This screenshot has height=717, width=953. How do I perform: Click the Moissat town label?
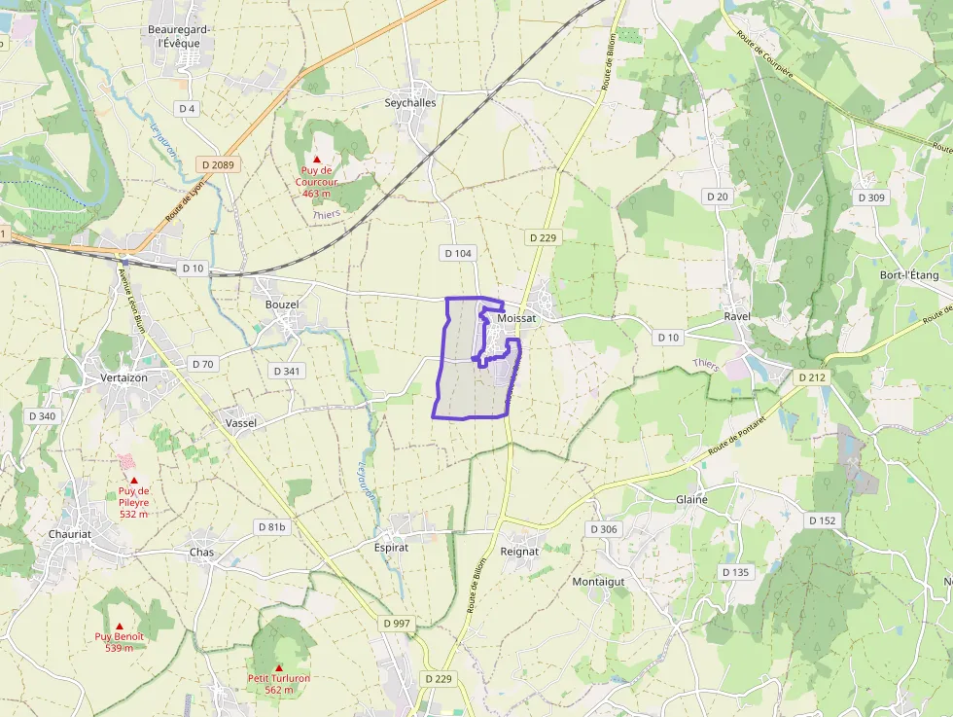tap(516, 318)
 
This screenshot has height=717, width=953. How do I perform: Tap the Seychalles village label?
tap(410, 102)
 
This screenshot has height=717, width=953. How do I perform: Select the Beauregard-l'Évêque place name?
tap(180, 36)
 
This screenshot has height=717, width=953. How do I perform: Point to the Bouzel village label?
tap(282, 305)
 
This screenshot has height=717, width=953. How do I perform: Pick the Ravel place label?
tap(738, 317)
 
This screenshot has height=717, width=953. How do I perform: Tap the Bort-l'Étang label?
tap(909, 275)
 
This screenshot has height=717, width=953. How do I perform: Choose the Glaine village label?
tap(691, 499)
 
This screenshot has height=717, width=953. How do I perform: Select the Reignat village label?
tap(519, 551)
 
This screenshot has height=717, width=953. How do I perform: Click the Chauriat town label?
tap(70, 534)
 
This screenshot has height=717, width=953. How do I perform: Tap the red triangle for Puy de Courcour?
tap(316, 159)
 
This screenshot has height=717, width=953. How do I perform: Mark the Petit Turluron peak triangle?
tap(279, 667)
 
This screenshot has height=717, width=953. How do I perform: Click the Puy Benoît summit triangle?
tap(120, 627)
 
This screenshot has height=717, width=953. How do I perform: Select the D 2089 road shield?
tap(215, 164)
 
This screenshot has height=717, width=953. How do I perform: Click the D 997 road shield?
tap(398, 623)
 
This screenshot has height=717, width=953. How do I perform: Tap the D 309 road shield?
tap(871, 197)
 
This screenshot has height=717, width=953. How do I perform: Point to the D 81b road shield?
tap(272, 527)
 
